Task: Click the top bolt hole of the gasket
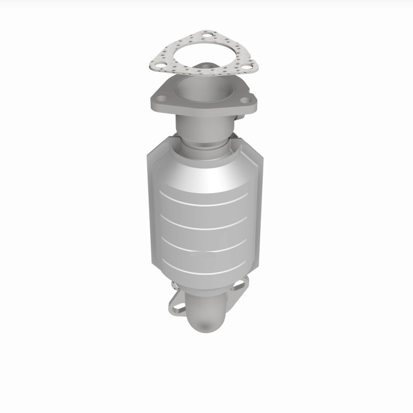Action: pyautogui.click(x=207, y=36)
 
